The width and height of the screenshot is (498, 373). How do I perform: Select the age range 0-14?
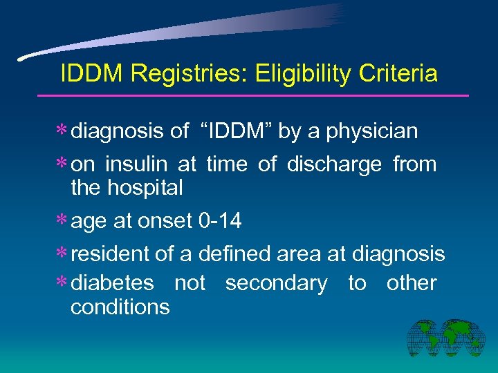pos(219,221)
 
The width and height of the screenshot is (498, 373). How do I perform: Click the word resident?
pos(111,254)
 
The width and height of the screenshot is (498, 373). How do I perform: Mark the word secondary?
pos(277,284)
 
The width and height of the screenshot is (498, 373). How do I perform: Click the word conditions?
pos(120,307)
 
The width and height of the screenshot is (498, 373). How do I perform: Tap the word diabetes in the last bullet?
pos(113,283)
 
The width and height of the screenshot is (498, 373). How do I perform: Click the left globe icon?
pos(425,339)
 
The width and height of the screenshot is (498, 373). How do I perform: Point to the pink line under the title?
pos(263,95)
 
